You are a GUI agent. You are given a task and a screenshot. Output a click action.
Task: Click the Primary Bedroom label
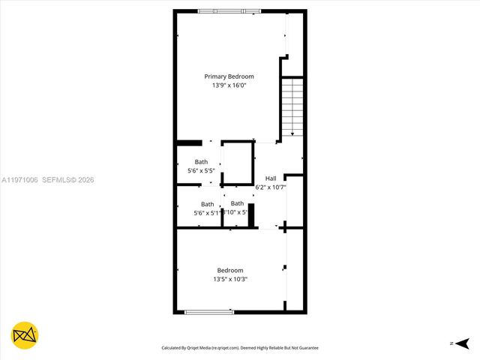click(229, 76)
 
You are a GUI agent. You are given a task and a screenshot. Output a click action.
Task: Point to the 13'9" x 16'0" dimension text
click(229, 86)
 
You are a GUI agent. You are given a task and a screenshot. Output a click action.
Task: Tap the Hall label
click(271, 178)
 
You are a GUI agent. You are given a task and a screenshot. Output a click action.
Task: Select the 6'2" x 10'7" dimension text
click(271, 187)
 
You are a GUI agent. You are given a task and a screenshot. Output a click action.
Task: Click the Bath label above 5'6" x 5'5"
click(201, 161)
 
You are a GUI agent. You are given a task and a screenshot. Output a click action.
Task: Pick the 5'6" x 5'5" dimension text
click(201, 171)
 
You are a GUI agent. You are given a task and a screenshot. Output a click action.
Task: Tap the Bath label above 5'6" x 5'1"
click(207, 204)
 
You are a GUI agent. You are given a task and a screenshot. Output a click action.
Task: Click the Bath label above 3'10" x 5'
click(237, 203)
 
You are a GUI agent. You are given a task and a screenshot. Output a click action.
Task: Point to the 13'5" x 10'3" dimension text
click(230, 279)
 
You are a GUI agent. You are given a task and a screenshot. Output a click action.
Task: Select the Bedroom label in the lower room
click(230, 270)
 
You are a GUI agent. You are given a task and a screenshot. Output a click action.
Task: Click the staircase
click(292, 106)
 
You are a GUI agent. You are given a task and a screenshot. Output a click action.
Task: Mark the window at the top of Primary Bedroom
click(229, 11)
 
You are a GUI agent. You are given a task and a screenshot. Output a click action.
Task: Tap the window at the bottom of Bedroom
click(209, 311)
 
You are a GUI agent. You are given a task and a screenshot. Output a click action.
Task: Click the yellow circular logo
click(25, 335)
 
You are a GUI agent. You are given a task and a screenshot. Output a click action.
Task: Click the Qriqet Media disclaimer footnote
click(240, 348)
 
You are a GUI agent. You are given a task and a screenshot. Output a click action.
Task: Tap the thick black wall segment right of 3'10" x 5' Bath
click(252, 214)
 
